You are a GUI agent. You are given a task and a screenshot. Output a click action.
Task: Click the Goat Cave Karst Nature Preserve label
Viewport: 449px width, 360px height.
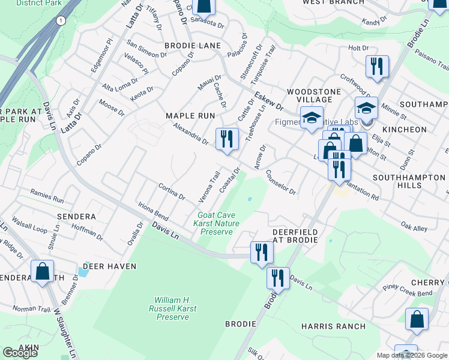click(219, 223)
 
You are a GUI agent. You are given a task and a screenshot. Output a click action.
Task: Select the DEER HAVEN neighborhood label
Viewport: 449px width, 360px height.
click(109, 266)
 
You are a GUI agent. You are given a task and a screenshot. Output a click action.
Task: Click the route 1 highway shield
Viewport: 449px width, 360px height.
click(60, 21)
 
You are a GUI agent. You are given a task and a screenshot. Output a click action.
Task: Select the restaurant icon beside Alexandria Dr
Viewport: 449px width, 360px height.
click(227, 139)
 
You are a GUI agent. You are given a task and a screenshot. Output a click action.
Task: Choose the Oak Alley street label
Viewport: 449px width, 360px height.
click(414, 227)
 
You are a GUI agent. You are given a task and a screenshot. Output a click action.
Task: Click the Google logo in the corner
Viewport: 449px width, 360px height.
click(20, 353)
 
